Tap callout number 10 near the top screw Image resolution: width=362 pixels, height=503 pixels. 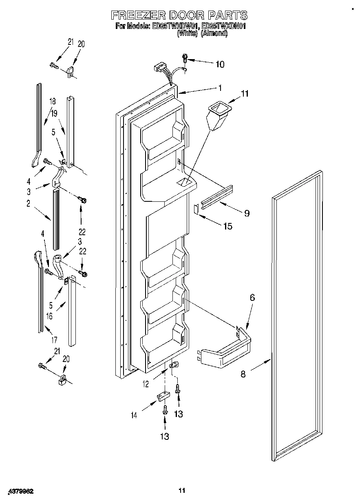click(x=219, y=64)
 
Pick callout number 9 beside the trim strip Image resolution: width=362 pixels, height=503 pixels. click(x=247, y=213)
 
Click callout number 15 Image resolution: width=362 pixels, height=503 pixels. click(x=227, y=226)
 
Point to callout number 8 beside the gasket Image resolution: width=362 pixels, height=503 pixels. click(x=243, y=374)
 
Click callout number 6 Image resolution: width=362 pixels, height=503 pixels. click(x=252, y=298)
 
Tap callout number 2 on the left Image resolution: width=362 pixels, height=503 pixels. click(x=29, y=204)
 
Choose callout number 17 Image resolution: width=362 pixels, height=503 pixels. click(x=54, y=340)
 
